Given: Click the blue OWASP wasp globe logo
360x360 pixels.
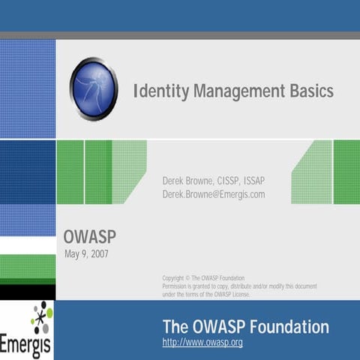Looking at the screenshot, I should [x=94, y=89].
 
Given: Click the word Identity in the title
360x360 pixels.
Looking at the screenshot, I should [x=160, y=92].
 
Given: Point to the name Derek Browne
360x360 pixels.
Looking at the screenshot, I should [x=187, y=181].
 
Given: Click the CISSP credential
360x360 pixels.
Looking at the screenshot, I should [x=227, y=181].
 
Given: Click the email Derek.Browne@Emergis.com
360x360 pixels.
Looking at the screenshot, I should [x=214, y=194].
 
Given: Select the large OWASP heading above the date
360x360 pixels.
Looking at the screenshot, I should [x=89, y=238].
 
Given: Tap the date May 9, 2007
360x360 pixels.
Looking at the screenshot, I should [x=88, y=255].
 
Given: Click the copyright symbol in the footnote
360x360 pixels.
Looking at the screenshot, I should [x=187, y=278].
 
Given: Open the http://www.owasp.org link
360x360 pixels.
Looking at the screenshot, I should [x=202, y=343].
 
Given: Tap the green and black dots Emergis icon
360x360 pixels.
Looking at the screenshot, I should [x=41, y=318].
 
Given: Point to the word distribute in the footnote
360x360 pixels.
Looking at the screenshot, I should [x=244, y=286].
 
